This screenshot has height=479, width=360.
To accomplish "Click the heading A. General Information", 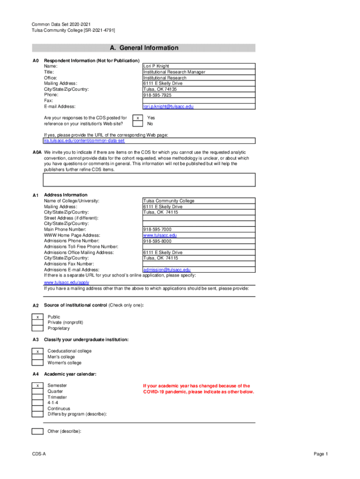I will [x=144, y=48].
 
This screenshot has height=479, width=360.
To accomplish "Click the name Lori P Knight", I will [x=156, y=66].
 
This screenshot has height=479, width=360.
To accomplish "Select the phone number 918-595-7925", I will [x=157, y=95].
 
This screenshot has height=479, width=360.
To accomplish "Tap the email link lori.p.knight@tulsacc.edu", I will [x=168, y=107].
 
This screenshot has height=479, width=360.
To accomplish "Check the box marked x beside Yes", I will [x=137, y=118].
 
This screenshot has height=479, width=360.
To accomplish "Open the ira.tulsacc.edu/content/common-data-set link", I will [x=84, y=141].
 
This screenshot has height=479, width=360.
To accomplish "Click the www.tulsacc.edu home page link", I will [x=160, y=235].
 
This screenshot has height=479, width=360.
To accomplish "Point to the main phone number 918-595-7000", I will [x=157, y=230].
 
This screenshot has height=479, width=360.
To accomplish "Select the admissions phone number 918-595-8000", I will [x=157, y=241].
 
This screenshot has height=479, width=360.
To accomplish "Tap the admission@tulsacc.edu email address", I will [x=167, y=270].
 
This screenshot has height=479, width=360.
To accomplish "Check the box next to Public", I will [x=37, y=317].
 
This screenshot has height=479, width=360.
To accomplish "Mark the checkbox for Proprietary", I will [x=37, y=328].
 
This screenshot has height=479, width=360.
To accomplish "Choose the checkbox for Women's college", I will [x=37, y=363].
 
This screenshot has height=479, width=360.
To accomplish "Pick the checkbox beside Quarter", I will [x=37, y=392].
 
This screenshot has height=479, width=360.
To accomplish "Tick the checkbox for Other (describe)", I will [x=37, y=431].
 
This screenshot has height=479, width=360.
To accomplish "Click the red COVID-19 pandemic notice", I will [x=199, y=389].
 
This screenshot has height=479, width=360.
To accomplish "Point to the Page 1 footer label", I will [x=321, y=454].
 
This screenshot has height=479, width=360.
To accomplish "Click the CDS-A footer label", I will [x=39, y=454].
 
